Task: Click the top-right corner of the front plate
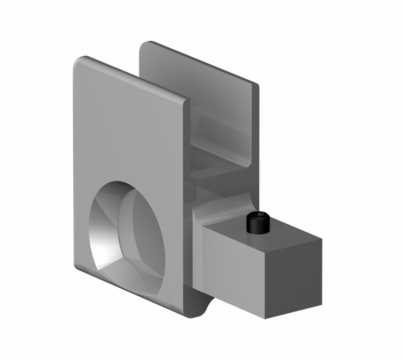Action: coord(185,102)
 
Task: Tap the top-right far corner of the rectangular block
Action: coord(321,238)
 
